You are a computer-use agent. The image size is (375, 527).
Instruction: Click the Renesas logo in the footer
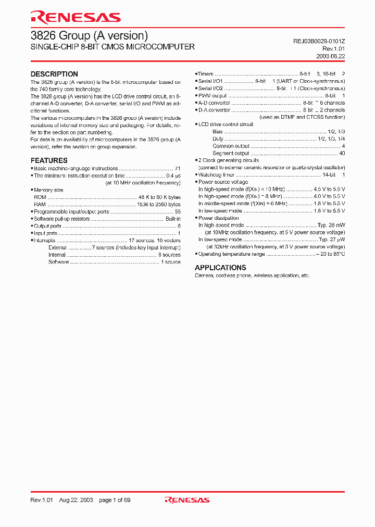tap(187, 500)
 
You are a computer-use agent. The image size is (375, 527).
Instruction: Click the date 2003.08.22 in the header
tap(330, 56)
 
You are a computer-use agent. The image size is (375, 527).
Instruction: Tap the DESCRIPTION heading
tap(54, 74)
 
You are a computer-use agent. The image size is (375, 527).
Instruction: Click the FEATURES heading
tap(49, 160)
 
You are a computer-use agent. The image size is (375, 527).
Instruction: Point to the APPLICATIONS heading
tap(220, 268)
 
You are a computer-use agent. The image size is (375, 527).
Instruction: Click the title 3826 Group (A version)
tap(89, 35)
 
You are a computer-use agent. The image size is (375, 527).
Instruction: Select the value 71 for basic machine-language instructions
tap(177, 169)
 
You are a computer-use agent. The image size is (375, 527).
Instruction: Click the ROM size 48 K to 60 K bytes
tap(159, 197)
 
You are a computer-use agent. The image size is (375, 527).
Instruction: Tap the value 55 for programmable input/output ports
tap(177, 212)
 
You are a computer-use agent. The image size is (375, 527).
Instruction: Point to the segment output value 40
tap(342, 154)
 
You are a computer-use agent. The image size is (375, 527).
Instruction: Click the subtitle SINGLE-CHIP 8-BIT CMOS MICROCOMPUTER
tap(113, 47)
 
